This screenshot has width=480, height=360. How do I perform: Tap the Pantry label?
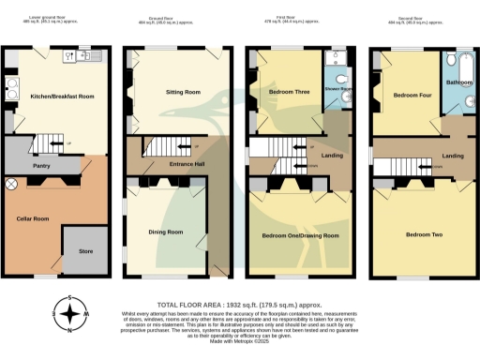(x=40, y=166)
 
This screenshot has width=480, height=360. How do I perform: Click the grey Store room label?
(x=85, y=250)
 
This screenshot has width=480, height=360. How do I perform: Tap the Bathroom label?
(x=459, y=82)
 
